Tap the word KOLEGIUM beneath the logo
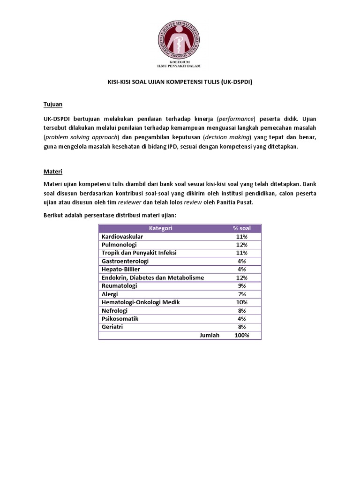point(180,62)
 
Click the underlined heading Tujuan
point(53,104)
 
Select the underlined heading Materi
point(53,172)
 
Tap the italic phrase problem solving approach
point(82,137)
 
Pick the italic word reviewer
point(129,203)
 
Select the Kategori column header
point(160,228)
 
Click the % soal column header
point(242,228)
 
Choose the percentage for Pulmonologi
point(242,245)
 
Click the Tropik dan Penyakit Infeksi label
point(139,253)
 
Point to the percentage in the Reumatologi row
point(242,286)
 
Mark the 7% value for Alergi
point(242,294)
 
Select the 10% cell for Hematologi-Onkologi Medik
point(242,302)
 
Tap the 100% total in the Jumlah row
point(242,335)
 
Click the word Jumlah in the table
point(209,335)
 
